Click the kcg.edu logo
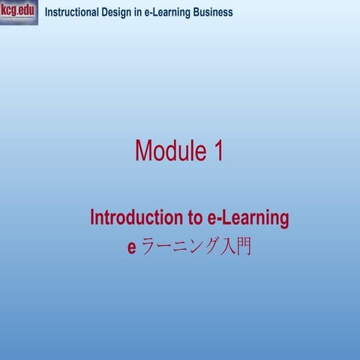[x=19, y=12]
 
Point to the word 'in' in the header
[x=139, y=13]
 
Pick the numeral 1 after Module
[x=217, y=151]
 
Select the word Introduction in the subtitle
[x=136, y=218]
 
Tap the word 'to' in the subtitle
[x=193, y=218]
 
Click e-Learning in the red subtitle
[x=247, y=218]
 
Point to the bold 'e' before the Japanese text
[x=132, y=247]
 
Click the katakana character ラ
[x=148, y=247]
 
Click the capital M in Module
[x=145, y=151]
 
